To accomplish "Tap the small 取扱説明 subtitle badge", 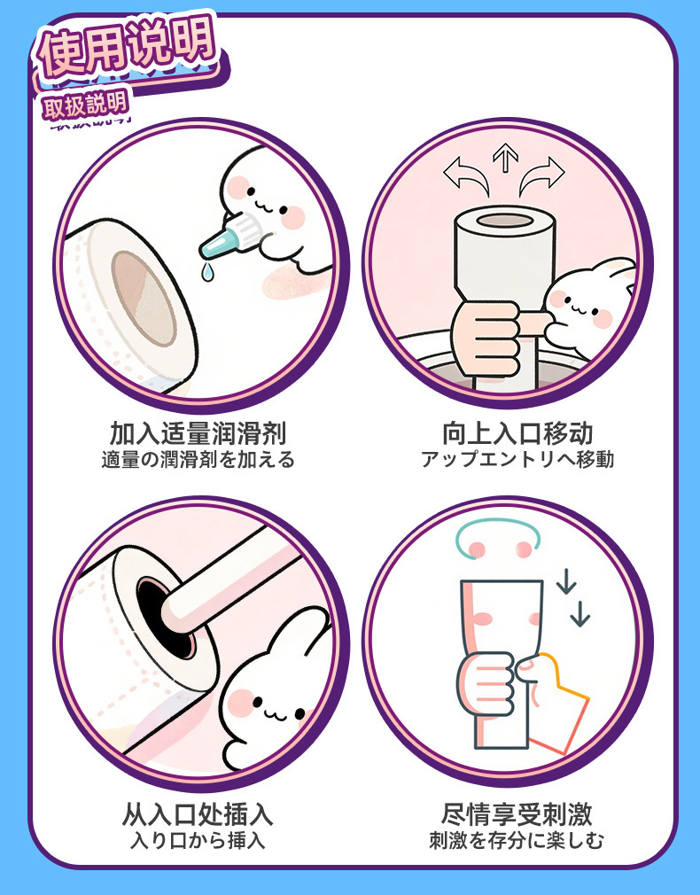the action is click(85, 105).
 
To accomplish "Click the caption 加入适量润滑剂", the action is click(198, 434).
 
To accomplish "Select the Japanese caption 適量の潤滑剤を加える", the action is click(198, 460).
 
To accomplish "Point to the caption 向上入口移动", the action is click(517, 434).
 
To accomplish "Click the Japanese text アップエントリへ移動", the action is click(517, 460).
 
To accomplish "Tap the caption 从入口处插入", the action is click(198, 814).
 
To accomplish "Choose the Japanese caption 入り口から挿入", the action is click(198, 840).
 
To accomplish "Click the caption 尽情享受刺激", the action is click(517, 814).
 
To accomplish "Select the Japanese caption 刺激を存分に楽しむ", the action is click(517, 840).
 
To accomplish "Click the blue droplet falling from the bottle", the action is click(207, 272).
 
